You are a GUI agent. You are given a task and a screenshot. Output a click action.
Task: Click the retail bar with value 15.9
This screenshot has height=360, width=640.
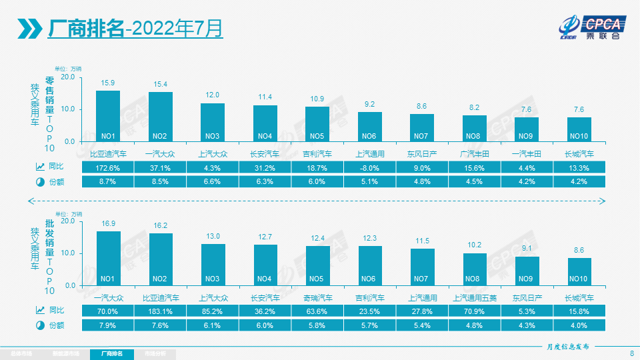click(108, 116)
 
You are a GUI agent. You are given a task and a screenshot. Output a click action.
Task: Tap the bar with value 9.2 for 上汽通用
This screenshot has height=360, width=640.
click(370, 126)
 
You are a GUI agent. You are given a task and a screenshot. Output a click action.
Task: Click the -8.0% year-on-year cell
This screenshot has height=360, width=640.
click(370, 167)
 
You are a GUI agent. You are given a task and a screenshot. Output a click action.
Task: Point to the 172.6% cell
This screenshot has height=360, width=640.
click(108, 167)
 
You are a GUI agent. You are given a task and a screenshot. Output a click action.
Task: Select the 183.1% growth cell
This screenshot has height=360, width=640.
click(161, 310)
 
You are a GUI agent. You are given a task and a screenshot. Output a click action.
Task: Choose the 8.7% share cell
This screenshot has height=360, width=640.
click(108, 181)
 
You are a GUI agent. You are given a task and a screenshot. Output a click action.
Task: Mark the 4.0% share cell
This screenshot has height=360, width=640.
click(579, 325)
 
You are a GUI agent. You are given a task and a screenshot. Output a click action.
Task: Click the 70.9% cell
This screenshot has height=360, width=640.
click(475, 310)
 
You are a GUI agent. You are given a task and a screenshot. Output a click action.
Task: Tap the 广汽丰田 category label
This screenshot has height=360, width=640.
click(475, 153)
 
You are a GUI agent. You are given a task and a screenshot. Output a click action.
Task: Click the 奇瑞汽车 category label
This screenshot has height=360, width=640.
click(317, 297)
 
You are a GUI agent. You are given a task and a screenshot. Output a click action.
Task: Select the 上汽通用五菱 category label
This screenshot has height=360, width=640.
click(475, 297)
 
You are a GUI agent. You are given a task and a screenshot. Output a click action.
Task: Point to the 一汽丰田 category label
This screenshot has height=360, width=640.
click(527, 153)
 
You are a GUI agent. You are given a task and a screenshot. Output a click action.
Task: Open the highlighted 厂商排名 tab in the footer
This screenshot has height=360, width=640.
click(111, 353)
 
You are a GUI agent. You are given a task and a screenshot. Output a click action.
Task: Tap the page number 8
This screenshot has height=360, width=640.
click(631, 353)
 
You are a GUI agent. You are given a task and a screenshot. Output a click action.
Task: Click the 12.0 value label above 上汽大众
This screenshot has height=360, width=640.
click(213, 95)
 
